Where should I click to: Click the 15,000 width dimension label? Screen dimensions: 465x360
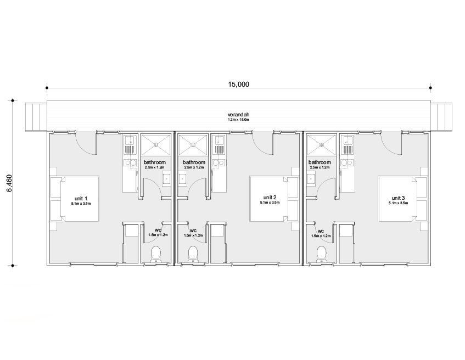pos(238,84)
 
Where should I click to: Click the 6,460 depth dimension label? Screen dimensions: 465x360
pos(9,183)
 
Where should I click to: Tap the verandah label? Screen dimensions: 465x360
pos(238,115)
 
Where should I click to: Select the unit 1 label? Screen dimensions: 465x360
pos(81,199)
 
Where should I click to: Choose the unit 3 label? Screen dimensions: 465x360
pos(398,198)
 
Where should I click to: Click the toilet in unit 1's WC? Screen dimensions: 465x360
pos(156,255)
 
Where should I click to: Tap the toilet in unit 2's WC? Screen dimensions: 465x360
pos(193,254)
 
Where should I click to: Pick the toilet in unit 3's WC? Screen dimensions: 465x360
pos(322,254)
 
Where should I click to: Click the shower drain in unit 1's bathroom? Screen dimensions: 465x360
pos(156,145)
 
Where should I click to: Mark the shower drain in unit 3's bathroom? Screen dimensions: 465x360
pos(322,145)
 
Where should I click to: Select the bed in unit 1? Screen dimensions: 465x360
pos(75,199)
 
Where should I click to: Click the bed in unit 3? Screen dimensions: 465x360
pos(402,199)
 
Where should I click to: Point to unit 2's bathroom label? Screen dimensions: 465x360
pos(194,162)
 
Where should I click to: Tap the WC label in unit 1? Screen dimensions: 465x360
pos(158,230)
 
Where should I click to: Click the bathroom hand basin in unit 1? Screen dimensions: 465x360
pos(166,179)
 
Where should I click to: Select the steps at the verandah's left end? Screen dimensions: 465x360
pos(36,116)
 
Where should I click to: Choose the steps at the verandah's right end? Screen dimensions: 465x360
pos(441,116)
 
